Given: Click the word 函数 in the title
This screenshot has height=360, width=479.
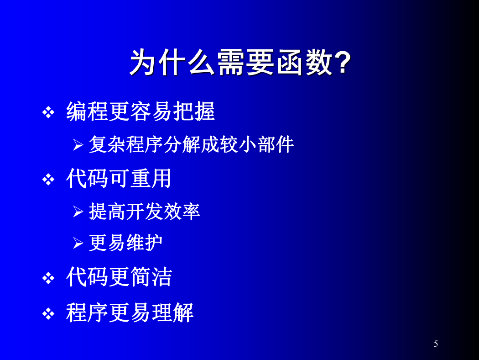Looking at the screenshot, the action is coord(305,62).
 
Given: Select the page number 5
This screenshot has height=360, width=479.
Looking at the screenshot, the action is coord(436,344).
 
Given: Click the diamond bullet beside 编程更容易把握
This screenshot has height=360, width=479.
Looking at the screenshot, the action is coord(48,112).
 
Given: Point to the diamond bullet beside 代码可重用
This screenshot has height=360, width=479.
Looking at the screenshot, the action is coord(48,180).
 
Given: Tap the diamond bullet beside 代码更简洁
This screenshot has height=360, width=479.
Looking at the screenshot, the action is coord(48,278).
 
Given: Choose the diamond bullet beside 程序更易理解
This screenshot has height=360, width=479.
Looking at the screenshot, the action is coord(48,314).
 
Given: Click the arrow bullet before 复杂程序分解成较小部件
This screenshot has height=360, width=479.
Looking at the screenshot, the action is coord(78,145).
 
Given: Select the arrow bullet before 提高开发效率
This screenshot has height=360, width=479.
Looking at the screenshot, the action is coord(78,212).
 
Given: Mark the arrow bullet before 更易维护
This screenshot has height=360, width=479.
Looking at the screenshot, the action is coord(78,243).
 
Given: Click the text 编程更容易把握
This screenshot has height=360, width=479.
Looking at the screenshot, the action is coord(141,111).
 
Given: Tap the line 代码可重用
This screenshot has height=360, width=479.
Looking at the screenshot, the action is coord(119,178).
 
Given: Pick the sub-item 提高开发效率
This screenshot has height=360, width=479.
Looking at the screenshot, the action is coord(145,211).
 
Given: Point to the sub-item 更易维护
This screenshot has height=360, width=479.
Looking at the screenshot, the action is coord(125,243).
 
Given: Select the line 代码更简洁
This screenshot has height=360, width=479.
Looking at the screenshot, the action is coord(119,277).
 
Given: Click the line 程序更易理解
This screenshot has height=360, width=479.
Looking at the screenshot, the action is coord(130,312).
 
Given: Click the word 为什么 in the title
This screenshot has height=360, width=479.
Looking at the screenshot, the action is coord(172,62).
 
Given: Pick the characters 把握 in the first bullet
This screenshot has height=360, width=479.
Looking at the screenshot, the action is coord(194,111).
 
